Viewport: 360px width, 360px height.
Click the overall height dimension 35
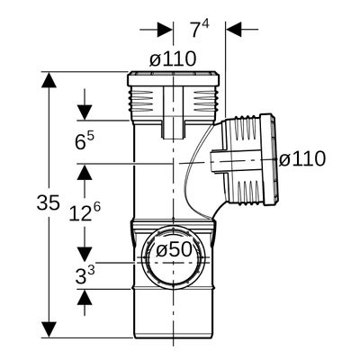[48, 202]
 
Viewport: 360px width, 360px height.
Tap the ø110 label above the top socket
[173, 58]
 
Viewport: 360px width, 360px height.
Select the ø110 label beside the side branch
[302, 158]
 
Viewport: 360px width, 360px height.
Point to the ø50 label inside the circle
[174, 249]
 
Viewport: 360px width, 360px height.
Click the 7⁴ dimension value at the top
[200, 30]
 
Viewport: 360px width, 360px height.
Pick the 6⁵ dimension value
[85, 141]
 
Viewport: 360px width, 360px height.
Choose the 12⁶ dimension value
[85, 211]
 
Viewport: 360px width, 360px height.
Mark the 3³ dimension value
[85, 275]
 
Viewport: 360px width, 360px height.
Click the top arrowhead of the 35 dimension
[49, 80]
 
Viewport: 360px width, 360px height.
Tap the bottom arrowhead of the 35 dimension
[49, 329]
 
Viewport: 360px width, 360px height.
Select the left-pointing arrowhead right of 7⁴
[234, 30]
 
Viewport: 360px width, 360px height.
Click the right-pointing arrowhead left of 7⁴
[165, 30]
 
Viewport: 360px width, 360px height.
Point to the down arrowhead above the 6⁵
[85, 112]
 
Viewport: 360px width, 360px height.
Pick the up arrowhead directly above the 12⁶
[85, 172]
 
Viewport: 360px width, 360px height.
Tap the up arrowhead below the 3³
[85, 297]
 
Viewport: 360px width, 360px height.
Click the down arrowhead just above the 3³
[85, 254]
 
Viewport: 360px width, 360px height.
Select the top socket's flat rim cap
[173, 79]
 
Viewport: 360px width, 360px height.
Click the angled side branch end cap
[268, 159]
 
